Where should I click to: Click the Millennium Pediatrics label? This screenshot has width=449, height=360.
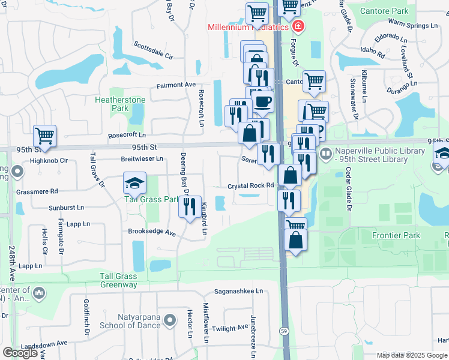tap(249, 27)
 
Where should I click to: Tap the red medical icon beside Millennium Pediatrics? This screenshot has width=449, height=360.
tap(298, 26)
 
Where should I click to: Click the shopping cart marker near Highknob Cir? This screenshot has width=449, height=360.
tap(44, 136)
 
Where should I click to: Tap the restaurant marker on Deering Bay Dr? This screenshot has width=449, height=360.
tap(190, 208)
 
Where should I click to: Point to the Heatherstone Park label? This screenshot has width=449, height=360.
tap(112, 104)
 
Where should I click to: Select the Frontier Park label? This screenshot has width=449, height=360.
tap(396, 235)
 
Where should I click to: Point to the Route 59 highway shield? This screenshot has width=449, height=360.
tap(282, 331)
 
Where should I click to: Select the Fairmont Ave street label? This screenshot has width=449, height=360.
tap(176, 85)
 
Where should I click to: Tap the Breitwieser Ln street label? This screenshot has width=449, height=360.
tap(142, 159)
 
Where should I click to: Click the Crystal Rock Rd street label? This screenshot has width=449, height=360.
tap(250, 186)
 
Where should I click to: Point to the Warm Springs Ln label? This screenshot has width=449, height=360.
tap(413, 26)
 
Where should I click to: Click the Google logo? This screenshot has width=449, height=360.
tap(21, 353)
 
